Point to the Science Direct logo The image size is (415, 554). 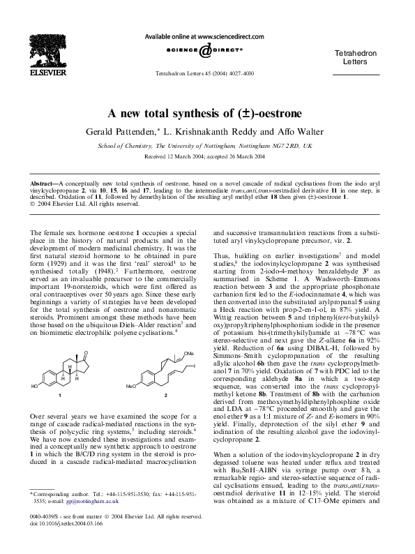pyautogui.click(x=207, y=54)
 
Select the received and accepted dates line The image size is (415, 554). pyautogui.click(x=207, y=157)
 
